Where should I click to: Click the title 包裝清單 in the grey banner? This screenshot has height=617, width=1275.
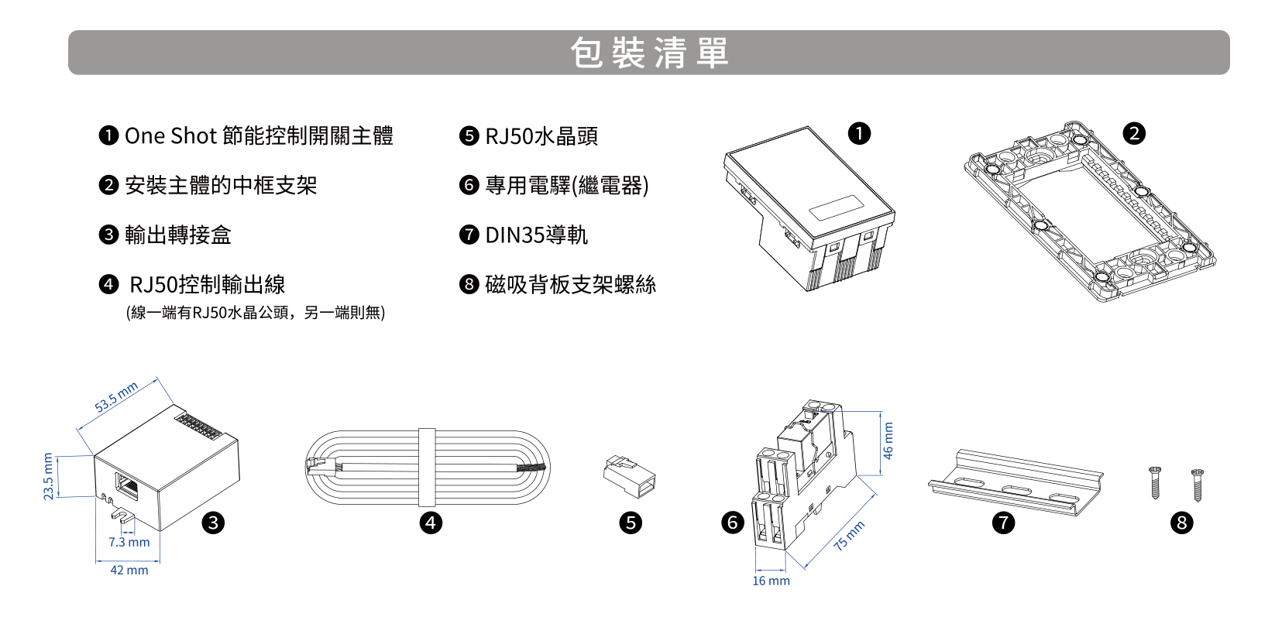[x=649, y=53]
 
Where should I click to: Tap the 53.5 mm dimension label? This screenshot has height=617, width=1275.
[x=116, y=397]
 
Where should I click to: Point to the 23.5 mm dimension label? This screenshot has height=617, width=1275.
[x=48, y=477]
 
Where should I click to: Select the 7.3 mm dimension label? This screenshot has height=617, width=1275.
[x=129, y=542]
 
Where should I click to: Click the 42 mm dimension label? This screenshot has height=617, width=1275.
[x=129, y=570]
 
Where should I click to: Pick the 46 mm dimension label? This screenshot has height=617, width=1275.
[x=888, y=440]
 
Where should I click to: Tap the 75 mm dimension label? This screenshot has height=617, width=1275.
[x=849, y=536]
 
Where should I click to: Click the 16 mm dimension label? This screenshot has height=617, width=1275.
[x=772, y=581]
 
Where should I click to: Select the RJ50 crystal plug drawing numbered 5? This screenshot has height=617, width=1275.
[x=629, y=477]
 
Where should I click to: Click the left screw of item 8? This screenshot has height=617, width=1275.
[x=1155, y=483]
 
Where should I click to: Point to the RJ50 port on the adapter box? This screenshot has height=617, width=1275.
[x=126, y=486]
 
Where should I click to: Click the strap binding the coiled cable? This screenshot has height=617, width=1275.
[x=427, y=468]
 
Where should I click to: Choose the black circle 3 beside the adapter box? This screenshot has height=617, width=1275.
[x=213, y=523]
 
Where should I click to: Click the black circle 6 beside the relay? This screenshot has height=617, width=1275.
[x=733, y=523]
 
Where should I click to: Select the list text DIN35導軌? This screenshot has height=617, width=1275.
[x=536, y=235]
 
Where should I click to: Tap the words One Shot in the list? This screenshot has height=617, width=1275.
[x=170, y=136]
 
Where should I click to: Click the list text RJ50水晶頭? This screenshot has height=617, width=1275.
[x=541, y=136]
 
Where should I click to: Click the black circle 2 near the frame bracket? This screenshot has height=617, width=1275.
[x=1134, y=134]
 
